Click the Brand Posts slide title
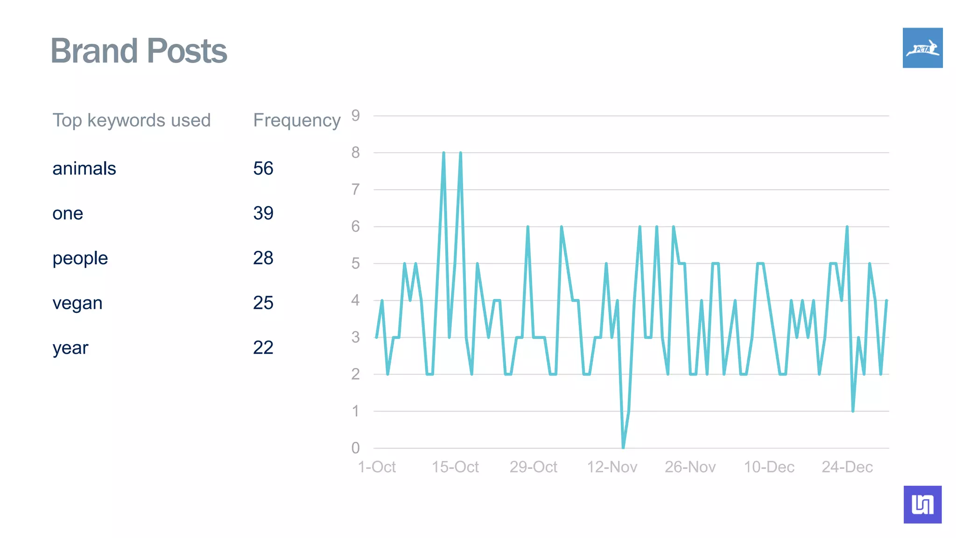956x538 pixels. (x=139, y=50)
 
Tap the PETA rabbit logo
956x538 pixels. (x=922, y=48)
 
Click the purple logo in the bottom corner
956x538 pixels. (x=922, y=504)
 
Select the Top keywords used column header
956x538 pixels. (x=131, y=120)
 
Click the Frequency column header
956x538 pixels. (x=297, y=120)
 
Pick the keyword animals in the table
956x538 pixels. (x=84, y=169)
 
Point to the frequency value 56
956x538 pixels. (x=263, y=169)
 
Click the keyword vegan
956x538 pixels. (x=77, y=303)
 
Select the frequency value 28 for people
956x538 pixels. (x=263, y=258)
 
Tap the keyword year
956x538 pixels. (x=70, y=348)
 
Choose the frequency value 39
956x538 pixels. (x=263, y=213)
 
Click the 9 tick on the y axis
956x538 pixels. (x=356, y=115)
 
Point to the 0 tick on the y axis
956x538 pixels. (x=356, y=448)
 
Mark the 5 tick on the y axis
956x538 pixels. (x=356, y=263)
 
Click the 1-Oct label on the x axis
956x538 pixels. (x=377, y=467)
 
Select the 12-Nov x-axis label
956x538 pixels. (x=612, y=467)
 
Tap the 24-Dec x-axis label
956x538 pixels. (x=847, y=467)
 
